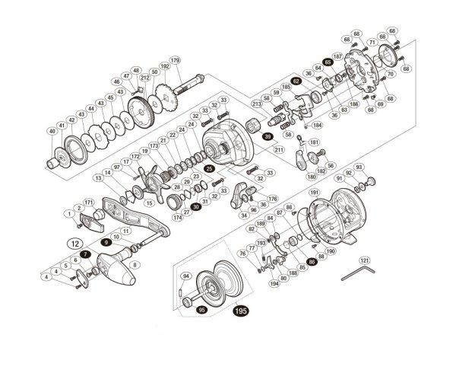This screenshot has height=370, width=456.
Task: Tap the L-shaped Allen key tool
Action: (x=359, y=270)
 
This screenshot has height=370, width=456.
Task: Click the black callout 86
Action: (x=312, y=260)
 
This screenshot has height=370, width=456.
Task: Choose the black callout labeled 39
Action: (x=268, y=136)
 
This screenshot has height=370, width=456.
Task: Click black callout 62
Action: (x=296, y=80)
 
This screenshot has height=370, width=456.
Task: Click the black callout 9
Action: (x=106, y=241)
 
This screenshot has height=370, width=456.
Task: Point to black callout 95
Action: (x=201, y=311)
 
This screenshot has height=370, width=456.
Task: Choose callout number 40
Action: (x=52, y=132)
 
